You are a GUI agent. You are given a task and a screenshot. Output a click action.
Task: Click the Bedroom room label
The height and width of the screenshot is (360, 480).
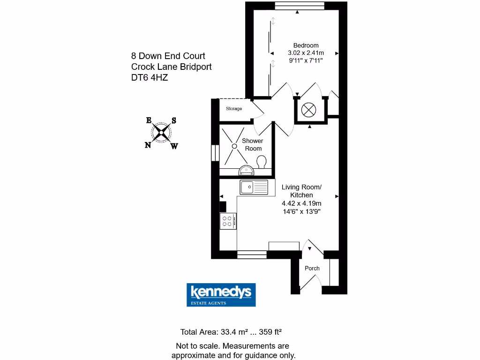[306, 45]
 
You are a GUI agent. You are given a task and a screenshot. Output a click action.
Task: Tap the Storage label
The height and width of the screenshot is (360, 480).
[234, 109]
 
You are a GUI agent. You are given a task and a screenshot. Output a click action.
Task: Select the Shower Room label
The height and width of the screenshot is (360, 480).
[252, 144]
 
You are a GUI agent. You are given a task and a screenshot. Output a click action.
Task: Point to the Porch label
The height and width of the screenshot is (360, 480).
[312, 268]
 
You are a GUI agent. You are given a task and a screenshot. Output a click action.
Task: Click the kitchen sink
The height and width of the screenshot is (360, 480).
[254, 187]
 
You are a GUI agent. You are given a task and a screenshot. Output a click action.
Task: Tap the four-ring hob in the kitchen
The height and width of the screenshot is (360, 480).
[228, 221]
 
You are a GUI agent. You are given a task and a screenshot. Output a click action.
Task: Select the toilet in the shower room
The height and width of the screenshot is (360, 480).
[262, 162]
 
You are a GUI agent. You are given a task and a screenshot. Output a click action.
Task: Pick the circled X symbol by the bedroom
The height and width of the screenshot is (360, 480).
[309, 110]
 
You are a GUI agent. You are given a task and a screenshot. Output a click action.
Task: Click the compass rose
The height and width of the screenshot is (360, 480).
[161, 132]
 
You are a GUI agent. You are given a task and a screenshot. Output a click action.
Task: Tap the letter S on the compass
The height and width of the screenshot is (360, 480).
[173, 120]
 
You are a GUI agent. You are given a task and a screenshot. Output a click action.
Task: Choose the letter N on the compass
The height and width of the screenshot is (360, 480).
[148, 145]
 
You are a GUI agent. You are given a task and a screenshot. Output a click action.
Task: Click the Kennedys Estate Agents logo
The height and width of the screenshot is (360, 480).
[221, 295]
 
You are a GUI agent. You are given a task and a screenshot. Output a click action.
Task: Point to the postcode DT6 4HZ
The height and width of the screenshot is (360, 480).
[150, 78]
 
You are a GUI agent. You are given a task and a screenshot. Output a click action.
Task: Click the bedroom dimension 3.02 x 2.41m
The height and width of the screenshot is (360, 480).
[306, 53]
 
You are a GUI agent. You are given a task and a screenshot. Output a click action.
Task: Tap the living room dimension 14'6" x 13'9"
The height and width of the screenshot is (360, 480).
[301, 211]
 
